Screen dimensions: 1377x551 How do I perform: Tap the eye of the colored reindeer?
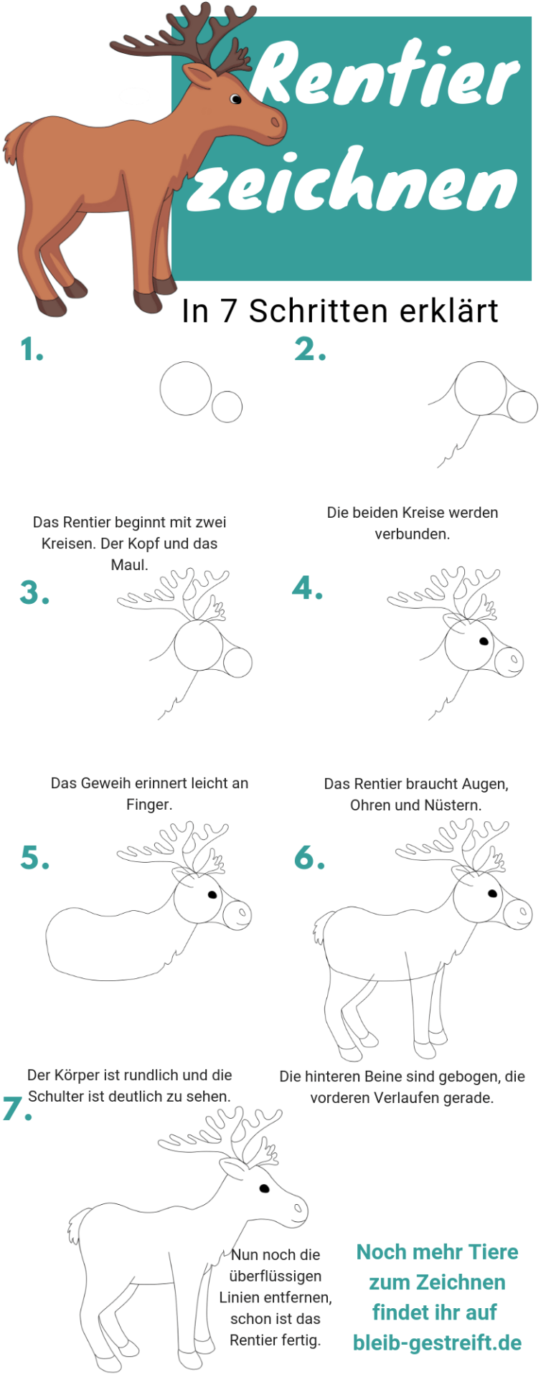tap(236, 99)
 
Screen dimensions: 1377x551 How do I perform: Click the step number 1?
tap(32, 350)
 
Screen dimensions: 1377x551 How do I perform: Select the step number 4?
tap(307, 589)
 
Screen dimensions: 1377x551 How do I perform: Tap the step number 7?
tap(17, 1109)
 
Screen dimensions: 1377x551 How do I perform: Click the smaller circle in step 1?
tap(227, 407)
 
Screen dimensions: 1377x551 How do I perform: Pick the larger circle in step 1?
tap(186, 388)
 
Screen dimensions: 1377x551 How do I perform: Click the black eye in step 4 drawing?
tap(484, 641)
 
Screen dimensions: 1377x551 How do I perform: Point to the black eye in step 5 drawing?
tap(212, 894)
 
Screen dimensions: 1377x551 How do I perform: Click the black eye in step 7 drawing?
tap(264, 1188)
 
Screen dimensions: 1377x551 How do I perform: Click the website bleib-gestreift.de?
tap(437, 1343)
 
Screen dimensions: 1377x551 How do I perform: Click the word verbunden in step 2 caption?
tap(413, 534)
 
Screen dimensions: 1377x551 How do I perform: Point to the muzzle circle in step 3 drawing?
tap(237, 663)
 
